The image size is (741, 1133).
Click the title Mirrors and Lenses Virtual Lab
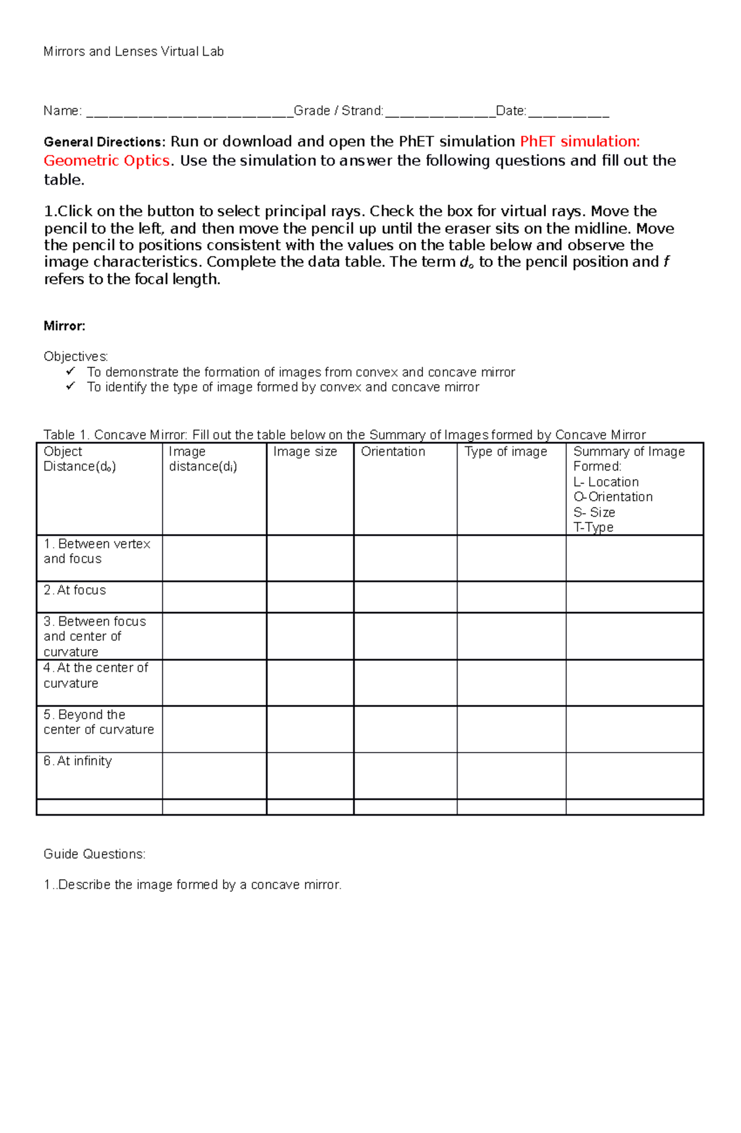point(133,52)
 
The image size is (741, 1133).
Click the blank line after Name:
point(189,113)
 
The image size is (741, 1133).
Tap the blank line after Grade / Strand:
point(440,113)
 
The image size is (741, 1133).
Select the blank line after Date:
point(569,113)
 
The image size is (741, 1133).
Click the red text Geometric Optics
point(106,161)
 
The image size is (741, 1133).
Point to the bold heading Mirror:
point(64,326)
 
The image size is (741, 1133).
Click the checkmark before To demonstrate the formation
point(70,371)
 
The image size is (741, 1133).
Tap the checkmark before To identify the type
point(70,386)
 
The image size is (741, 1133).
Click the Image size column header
point(305,452)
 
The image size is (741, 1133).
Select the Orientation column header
point(393,452)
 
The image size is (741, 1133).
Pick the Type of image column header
point(506,452)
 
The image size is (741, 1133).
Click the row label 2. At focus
point(75,590)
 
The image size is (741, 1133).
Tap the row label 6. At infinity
point(78,761)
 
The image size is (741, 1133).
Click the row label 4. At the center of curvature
point(96,675)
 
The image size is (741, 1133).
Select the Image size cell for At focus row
point(310,597)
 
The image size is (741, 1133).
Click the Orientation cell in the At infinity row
point(405,776)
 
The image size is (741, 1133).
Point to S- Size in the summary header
point(594,512)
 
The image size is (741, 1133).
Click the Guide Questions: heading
point(94,854)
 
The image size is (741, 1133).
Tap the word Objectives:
point(75,356)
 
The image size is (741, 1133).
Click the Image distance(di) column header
point(203,459)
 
